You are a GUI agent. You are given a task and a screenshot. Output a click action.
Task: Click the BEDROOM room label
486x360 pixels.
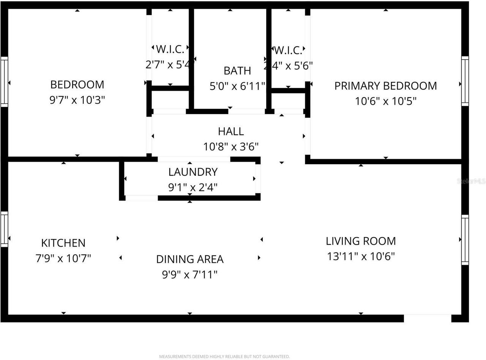pos(77,84)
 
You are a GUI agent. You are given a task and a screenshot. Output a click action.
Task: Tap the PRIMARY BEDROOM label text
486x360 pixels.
pos(385,86)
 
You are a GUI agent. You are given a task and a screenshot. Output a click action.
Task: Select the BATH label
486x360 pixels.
pos(237,71)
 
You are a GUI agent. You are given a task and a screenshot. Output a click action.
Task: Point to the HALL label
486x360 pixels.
pos(231,131)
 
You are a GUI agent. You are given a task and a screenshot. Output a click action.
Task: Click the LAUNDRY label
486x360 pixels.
pos(193,172)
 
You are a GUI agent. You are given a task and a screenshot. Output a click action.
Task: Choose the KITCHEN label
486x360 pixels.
pos(63,243)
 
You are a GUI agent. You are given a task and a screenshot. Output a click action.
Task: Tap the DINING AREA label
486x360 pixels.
pos(190,259)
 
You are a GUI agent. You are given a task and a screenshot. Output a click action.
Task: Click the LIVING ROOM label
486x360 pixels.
pos(361,241)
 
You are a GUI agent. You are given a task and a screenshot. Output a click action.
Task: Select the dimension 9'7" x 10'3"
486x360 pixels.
pos(77,100)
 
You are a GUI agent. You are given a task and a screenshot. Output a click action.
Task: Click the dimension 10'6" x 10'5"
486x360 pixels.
pos(385,101)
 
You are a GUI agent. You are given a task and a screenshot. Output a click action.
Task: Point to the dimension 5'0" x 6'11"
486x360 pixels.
pos(237,86)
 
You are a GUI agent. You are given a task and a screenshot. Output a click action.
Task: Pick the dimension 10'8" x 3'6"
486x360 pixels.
pos(231,147)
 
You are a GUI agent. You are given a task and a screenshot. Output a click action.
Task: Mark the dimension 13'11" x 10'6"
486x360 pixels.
pos(361,256)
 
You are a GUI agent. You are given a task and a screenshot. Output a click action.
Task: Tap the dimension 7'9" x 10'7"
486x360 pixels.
pos(63,258)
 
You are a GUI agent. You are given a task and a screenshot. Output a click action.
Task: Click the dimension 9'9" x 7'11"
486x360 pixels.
pos(190,275)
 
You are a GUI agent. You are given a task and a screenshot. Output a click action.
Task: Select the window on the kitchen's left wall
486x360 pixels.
pos(4,229)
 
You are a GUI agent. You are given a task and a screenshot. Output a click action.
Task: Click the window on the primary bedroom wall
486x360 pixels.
pos(465,81)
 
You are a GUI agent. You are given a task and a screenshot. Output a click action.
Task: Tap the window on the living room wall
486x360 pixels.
pos(465,239)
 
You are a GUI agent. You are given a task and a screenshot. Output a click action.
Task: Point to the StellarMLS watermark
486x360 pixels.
pos(471,181)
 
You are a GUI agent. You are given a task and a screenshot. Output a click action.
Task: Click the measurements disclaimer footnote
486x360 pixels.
pos(224,357)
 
